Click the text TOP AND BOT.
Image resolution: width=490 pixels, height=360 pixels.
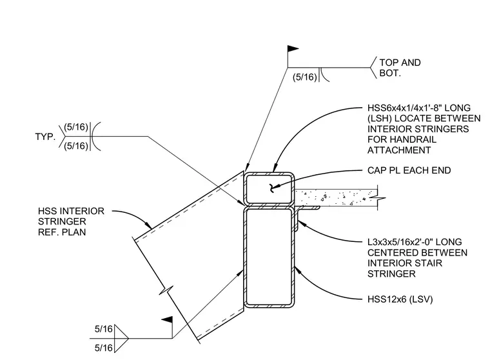point(400,68)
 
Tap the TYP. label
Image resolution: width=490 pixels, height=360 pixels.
point(45,137)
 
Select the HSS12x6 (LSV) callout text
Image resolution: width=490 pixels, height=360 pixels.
point(400,299)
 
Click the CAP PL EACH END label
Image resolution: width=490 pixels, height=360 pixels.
point(409,170)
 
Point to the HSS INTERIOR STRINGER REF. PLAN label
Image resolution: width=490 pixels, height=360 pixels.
point(71,221)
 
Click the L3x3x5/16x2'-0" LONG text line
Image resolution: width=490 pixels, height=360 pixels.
point(415,242)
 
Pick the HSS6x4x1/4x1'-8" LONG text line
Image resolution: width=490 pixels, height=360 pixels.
point(418,108)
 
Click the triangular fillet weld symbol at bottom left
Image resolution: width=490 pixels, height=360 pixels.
point(122,339)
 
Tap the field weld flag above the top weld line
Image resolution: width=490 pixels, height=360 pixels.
point(293,49)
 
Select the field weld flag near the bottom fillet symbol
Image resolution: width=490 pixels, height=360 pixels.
point(167,319)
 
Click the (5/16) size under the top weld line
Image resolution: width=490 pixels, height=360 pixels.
point(305,77)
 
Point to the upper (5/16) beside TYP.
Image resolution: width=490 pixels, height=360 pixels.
point(76,127)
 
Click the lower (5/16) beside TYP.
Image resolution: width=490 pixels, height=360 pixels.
point(76,146)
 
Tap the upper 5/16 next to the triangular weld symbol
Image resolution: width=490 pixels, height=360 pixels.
point(103,329)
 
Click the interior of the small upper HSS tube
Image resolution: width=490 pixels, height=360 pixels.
point(269,189)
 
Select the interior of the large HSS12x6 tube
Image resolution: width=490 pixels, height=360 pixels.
point(269,257)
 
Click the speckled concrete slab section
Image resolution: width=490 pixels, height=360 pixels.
point(336,197)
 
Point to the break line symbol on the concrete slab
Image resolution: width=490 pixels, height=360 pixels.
point(378,197)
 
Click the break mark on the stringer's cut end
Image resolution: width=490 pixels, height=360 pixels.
point(166,290)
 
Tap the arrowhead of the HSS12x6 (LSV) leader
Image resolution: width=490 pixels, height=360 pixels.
point(297,268)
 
